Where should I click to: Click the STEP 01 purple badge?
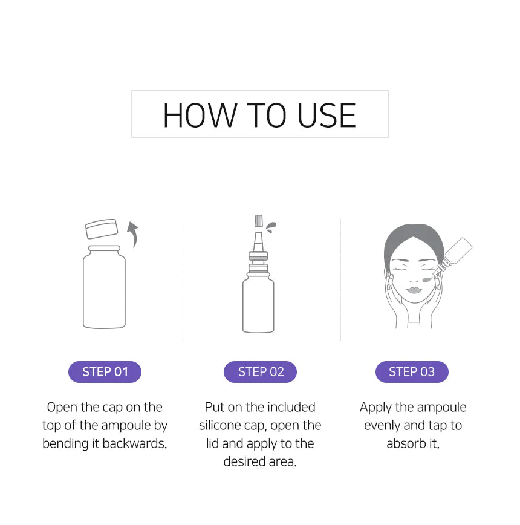[105, 371]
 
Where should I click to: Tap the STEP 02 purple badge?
[261, 371]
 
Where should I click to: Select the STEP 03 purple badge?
[412, 371]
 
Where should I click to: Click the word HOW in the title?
[200, 116]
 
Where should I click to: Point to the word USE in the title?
[327, 116]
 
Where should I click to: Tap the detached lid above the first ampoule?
[102, 229]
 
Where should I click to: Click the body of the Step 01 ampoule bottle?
[104, 287]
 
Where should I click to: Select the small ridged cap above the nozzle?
[259, 221]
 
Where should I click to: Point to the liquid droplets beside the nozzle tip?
[271, 227]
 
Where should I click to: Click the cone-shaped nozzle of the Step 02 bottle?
[258, 242]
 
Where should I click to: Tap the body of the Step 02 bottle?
[258, 303]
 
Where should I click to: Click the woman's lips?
[414, 290]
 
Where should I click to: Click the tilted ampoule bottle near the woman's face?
[453, 256]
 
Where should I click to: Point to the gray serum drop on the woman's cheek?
[427, 279]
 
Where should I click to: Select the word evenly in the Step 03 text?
[382, 426]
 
